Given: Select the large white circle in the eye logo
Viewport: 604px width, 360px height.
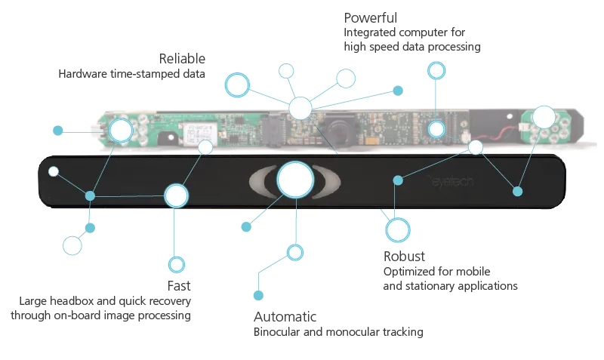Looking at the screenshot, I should click(x=294, y=180).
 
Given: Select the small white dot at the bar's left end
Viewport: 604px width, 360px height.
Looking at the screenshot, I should click(x=53, y=171).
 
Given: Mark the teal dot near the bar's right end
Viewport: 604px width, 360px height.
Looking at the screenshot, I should click(x=517, y=191).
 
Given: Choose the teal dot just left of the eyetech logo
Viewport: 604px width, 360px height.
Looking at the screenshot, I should click(x=398, y=179).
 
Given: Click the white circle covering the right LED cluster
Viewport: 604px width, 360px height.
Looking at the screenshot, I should click(x=543, y=116).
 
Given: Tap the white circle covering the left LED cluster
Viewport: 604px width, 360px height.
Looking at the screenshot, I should click(x=121, y=131).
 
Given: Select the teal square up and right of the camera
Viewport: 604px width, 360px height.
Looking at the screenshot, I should click(x=398, y=91).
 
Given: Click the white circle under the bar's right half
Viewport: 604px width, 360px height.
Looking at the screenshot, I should click(x=397, y=229).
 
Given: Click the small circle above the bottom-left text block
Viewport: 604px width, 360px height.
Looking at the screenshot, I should click(x=177, y=265).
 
